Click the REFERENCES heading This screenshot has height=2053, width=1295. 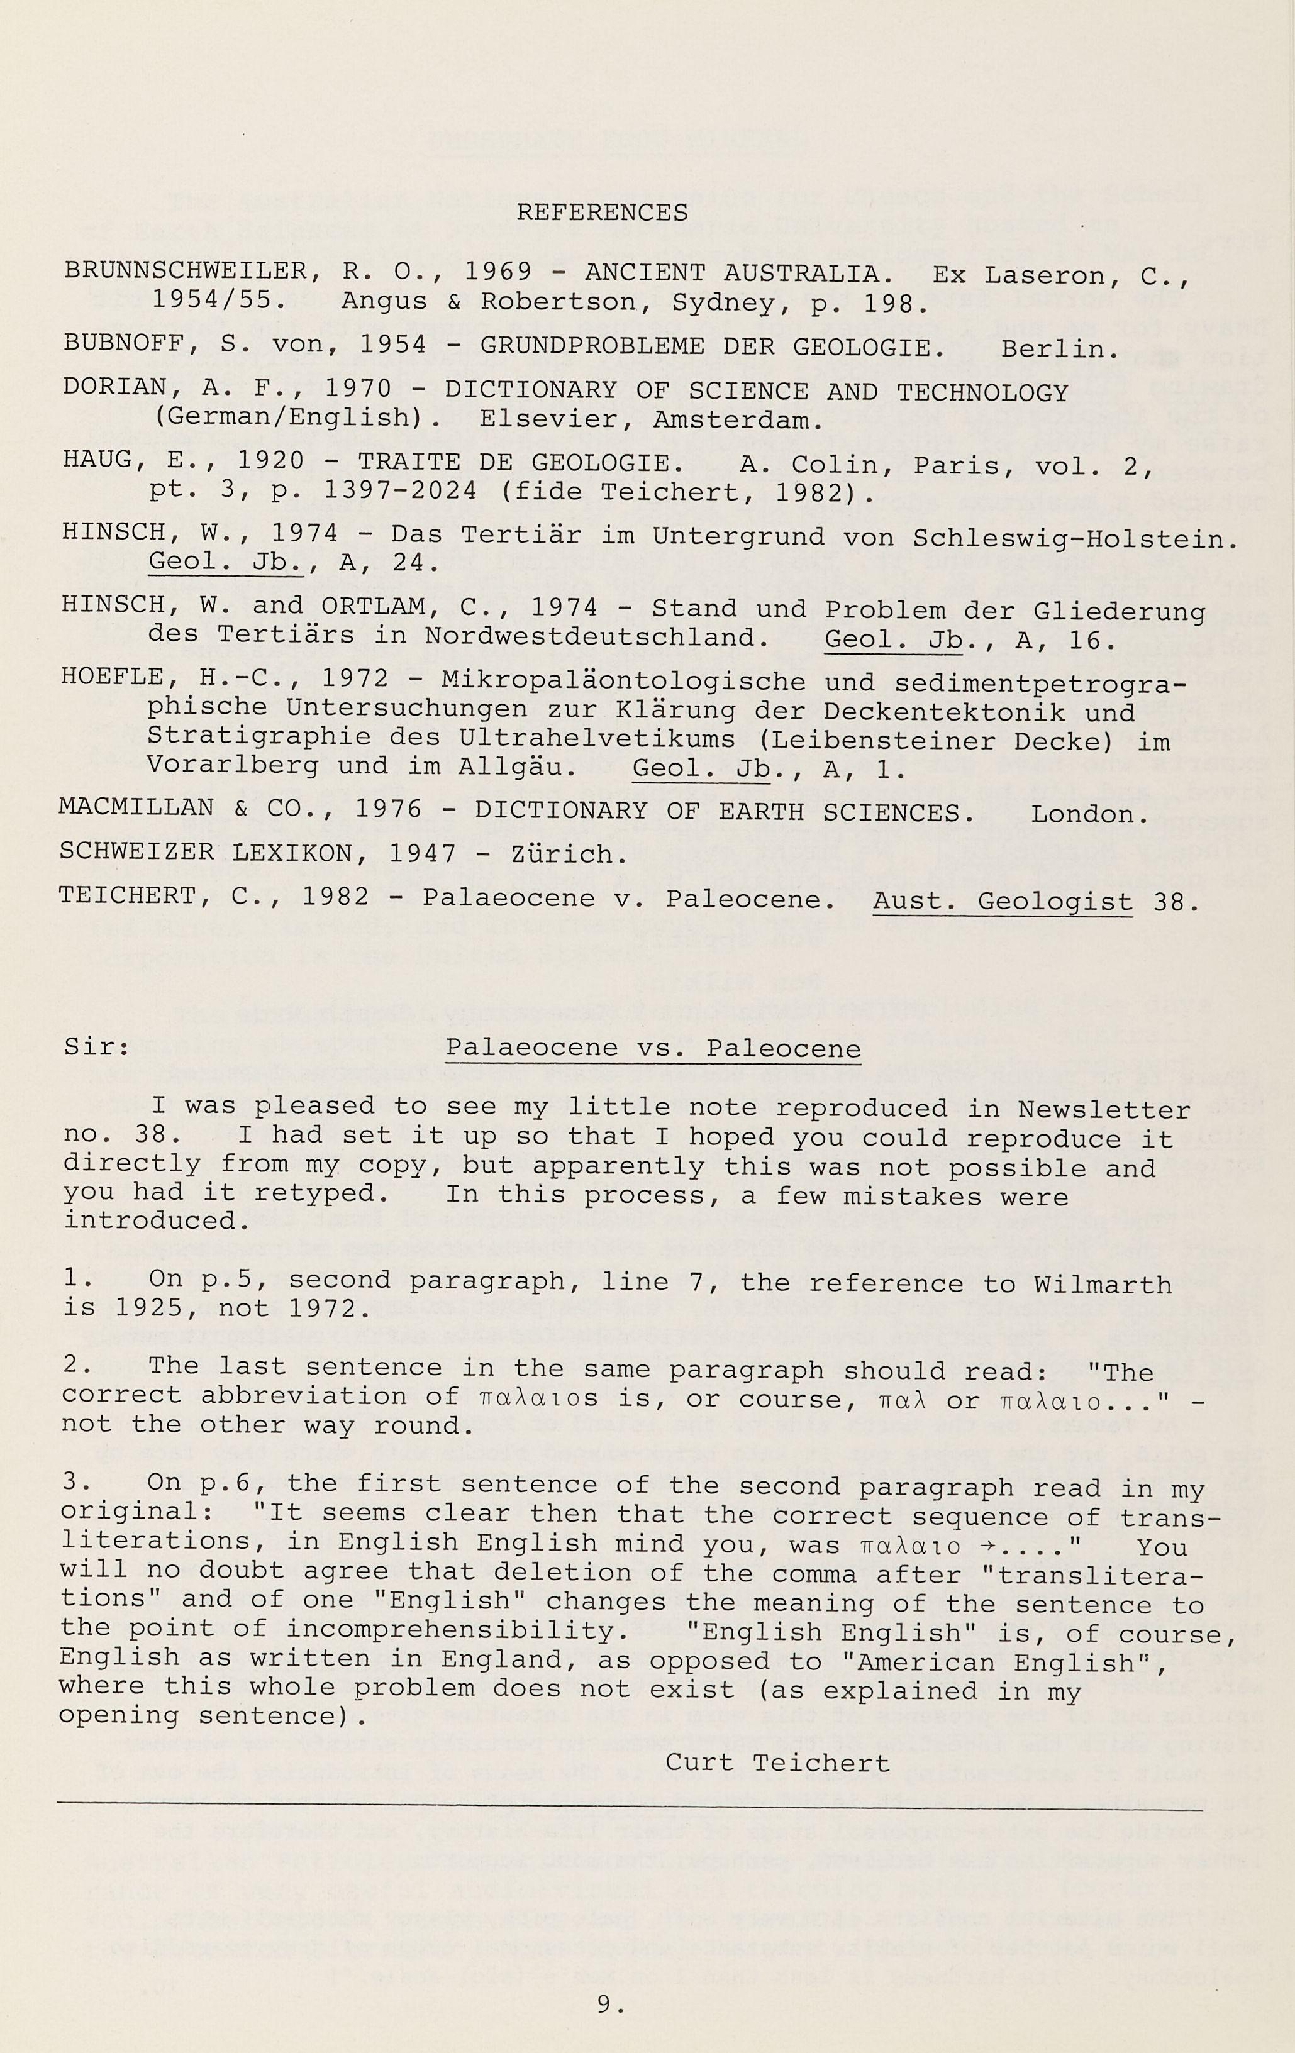(602, 213)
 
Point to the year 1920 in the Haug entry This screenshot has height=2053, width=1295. (270, 462)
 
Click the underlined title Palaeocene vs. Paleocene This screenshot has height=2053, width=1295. (653, 1048)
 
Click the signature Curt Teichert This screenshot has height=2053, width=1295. (777, 1763)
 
